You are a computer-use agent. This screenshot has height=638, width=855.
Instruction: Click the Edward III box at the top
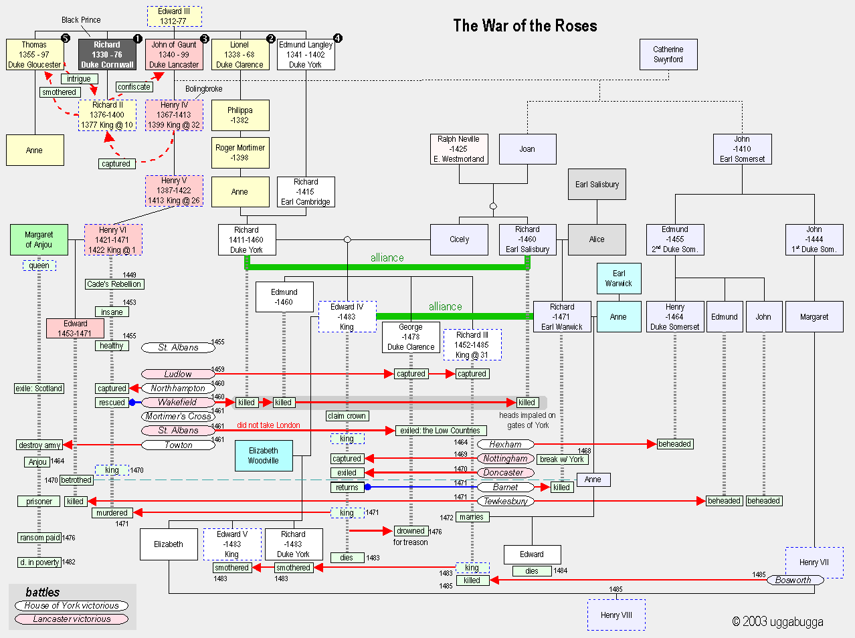[174, 16]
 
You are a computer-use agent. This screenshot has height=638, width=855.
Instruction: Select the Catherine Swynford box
[668, 54]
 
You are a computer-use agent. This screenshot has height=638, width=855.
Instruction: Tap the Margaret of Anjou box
[39, 240]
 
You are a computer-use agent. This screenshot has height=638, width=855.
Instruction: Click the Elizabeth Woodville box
[264, 455]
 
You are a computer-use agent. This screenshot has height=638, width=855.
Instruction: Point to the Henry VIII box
[616, 615]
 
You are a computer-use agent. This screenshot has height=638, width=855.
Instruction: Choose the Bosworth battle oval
[795, 580]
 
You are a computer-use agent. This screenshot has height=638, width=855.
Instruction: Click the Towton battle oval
[178, 445]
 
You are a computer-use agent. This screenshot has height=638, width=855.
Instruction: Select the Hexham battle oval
[506, 444]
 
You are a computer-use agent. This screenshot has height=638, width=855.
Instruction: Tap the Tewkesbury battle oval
[506, 501]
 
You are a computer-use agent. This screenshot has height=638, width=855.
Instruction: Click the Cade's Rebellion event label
[114, 284]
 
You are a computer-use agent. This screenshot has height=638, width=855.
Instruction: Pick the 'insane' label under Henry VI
[112, 312]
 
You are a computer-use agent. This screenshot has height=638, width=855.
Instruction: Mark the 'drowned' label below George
[411, 531]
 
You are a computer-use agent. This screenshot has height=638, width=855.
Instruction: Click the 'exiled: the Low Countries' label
[441, 431]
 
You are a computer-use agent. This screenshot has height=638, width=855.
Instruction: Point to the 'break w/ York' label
[562, 459]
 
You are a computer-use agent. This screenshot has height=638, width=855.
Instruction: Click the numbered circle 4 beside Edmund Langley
[338, 38]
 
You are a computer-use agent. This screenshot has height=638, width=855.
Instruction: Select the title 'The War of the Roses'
[525, 25]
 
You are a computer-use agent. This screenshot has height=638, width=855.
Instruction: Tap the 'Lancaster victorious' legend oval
[72, 619]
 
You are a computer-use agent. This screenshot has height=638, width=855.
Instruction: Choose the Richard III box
[472, 345]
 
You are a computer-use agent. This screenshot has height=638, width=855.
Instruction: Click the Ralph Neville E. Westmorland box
[459, 149]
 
